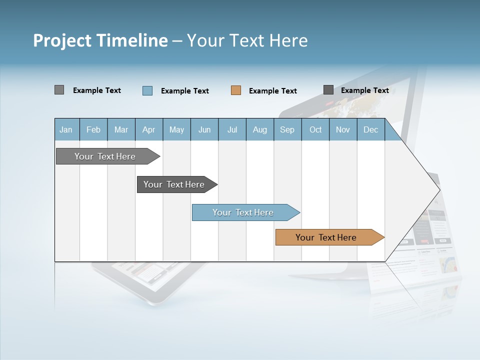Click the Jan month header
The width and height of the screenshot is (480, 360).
click(x=66, y=129)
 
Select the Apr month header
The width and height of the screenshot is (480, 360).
click(x=148, y=129)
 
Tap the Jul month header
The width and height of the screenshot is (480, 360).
click(x=232, y=129)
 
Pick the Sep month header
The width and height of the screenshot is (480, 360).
click(x=287, y=129)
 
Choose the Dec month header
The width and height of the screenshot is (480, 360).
click(x=370, y=129)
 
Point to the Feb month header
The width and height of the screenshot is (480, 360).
click(x=93, y=129)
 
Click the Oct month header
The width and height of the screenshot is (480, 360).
click(x=315, y=129)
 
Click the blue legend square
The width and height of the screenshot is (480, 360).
click(x=147, y=90)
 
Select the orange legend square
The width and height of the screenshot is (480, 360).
click(x=236, y=90)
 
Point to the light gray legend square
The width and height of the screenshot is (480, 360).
click(x=59, y=90)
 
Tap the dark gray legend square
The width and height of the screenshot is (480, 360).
click(x=328, y=90)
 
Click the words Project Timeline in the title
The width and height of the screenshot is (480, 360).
click(x=100, y=40)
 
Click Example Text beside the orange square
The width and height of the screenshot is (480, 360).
click(x=272, y=91)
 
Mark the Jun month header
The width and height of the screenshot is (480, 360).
click(x=204, y=129)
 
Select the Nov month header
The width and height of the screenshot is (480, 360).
click(x=343, y=129)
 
